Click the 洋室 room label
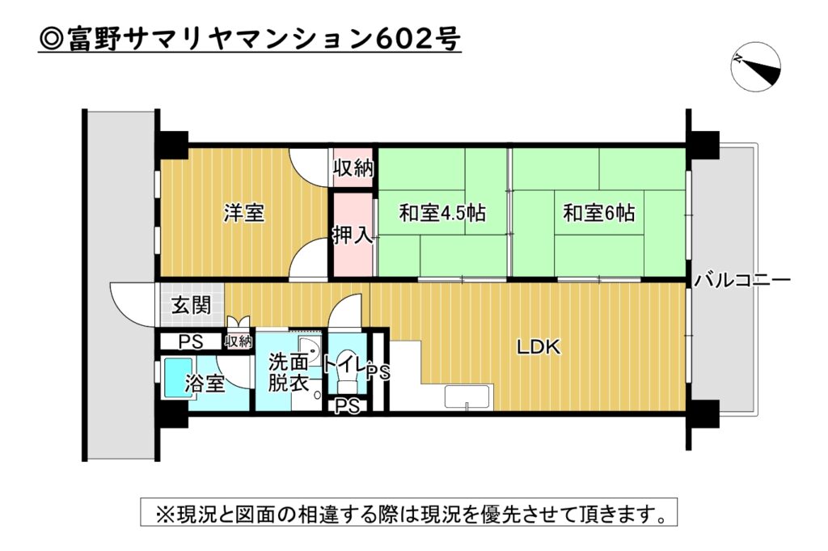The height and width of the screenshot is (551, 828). point(244,214)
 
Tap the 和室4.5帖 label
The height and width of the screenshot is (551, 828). point(441,214)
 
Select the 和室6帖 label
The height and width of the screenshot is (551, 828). point(598,214)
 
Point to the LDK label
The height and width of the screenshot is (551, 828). point(539,348)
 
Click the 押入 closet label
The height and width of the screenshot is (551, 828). point(353,235)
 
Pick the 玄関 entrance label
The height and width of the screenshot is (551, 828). point(192,306)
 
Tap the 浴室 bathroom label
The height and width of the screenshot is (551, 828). point(205,384)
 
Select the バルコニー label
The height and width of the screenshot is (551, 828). point(741,282)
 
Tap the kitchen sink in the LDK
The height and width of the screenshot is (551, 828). point(467,397)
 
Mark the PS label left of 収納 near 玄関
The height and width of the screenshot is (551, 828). point(191,341)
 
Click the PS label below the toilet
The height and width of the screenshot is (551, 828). point(347,405)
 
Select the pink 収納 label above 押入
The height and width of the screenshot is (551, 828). point(353,169)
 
